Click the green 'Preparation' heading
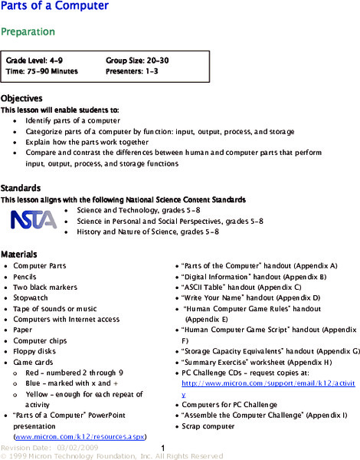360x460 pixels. tap(28, 32)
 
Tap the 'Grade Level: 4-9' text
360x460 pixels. tap(35, 59)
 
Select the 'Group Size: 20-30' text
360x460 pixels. tap(142, 59)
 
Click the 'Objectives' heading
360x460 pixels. tap(21, 99)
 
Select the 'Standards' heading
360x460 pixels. tap(21, 188)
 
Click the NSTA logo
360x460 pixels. tap(33, 219)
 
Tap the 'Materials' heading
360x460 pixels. tap(19, 254)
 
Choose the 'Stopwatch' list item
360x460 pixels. tap(31, 297)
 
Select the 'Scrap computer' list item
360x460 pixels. tap(211, 426)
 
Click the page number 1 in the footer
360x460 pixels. tap(164, 448)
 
